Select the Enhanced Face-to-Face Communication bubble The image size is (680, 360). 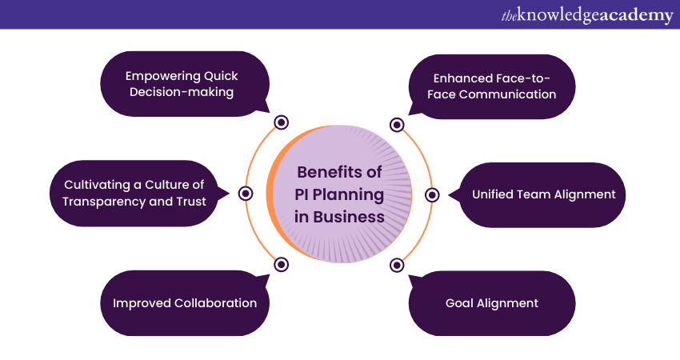click(493, 86)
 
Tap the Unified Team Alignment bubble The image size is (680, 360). click(543, 194)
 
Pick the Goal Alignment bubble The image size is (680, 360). click(491, 303)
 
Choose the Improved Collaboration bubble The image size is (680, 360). click(184, 303)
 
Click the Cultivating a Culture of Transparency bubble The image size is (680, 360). click(134, 194)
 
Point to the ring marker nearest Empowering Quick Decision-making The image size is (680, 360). click(281, 122)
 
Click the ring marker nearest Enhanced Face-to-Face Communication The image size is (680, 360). click(396, 124)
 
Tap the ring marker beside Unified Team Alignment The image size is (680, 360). click(432, 194)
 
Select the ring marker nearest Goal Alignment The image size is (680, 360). click(396, 265)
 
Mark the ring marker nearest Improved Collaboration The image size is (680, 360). click(281, 264)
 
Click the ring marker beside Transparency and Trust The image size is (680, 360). click(246, 194)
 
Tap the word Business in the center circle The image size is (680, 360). click(349, 217)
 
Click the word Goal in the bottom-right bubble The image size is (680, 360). click(460, 303)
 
